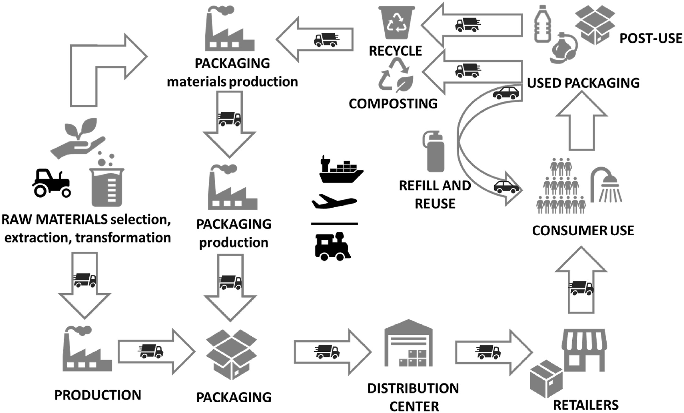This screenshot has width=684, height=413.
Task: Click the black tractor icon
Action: (51, 183)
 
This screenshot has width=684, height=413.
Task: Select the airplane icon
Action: (334, 202)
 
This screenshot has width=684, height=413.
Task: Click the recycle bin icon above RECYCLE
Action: (396, 22)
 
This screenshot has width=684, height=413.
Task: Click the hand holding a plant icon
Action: (77, 138)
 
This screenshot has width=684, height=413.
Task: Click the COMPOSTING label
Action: (393, 104)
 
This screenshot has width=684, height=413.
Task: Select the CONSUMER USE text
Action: (583, 231)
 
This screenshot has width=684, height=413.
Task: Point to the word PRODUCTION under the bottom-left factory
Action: (98, 395)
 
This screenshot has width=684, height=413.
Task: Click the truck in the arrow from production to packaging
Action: (151, 351)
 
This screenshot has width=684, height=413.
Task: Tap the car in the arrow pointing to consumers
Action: (506, 187)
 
